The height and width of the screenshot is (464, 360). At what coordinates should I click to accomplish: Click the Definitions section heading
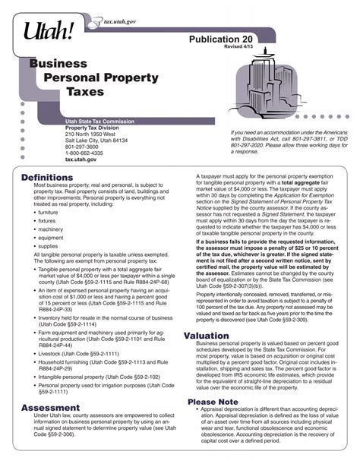[47, 177]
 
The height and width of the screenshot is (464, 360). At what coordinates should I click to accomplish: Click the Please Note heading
[213, 401]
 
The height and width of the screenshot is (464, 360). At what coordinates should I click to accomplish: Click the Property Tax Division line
[93, 128]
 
